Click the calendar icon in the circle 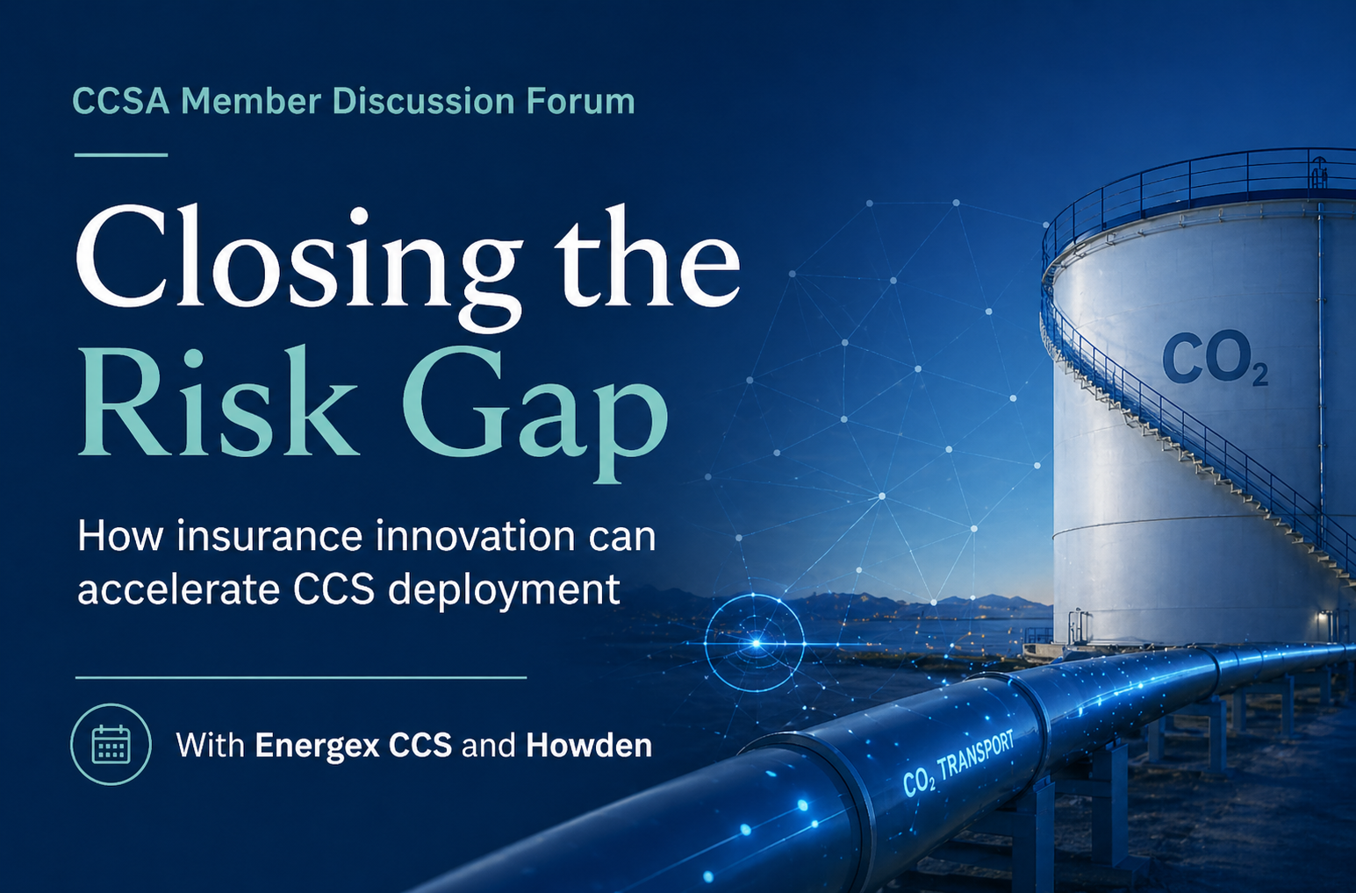tap(111, 744)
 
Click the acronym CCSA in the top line tap(120, 101)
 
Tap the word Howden tap(589, 746)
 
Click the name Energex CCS tap(353, 746)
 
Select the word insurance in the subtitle tap(269, 535)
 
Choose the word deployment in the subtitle tap(504, 589)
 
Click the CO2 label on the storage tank tap(1214, 359)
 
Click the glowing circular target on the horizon tap(756, 644)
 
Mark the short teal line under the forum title tap(121, 154)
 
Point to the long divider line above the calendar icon tap(301, 677)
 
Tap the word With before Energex tap(210, 746)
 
